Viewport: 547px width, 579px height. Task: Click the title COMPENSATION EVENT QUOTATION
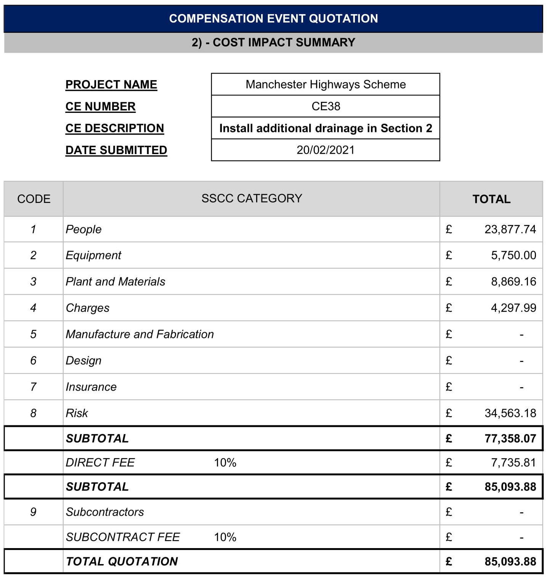[273, 18]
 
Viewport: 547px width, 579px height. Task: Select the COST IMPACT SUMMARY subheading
[273, 42]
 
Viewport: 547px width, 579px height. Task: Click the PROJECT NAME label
[111, 85]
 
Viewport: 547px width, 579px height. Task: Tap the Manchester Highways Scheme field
[326, 84]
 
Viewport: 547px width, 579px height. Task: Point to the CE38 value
[326, 106]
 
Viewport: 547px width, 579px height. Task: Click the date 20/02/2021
[326, 150]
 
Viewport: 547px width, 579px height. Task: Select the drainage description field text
[326, 128]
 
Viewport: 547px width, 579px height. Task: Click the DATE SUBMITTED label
[116, 150]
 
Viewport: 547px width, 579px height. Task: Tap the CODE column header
[34, 199]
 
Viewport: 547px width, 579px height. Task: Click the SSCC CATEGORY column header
[252, 198]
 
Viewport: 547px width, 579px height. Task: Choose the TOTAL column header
[491, 199]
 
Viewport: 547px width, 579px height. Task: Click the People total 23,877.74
[510, 229]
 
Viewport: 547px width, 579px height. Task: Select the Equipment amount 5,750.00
[513, 255]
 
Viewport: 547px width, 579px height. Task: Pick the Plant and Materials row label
[115, 281]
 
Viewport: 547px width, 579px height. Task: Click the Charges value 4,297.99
[513, 308]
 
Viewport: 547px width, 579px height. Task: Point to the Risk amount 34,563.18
[510, 413]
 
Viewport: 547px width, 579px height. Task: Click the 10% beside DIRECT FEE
[225, 463]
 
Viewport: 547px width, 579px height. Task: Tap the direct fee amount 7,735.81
[513, 463]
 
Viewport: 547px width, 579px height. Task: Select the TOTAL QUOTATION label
[122, 561]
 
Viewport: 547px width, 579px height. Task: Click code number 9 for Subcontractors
[33, 512]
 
